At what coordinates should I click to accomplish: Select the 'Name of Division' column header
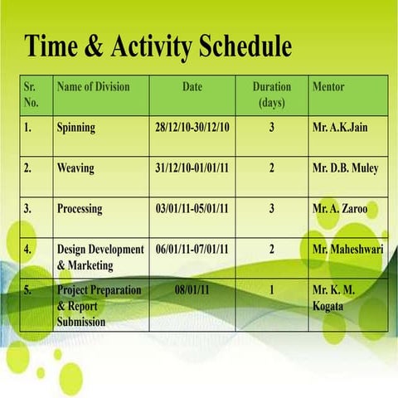[x=92, y=86]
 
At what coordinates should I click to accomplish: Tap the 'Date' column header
[x=192, y=86]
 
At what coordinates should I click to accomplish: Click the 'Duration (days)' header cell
[x=271, y=95]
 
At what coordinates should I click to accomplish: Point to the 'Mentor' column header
[x=328, y=86]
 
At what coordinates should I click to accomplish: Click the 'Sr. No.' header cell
[x=32, y=95]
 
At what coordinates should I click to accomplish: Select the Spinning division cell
[x=76, y=128]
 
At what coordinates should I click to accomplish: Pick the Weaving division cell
[x=75, y=168]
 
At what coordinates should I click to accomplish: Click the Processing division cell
[x=80, y=209]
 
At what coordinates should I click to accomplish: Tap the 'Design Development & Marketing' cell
[x=99, y=257]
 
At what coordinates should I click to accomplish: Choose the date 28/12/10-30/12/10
[x=192, y=128]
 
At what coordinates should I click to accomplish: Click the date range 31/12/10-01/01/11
[x=192, y=168]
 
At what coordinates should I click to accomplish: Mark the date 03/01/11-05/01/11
[x=192, y=209]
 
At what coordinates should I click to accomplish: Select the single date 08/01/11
[x=192, y=290]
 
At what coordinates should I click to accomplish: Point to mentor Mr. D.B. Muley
[x=345, y=168]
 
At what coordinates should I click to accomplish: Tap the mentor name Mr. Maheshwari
[x=347, y=249]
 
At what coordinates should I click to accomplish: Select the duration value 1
[x=271, y=290]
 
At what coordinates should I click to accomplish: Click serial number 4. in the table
[x=29, y=249]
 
